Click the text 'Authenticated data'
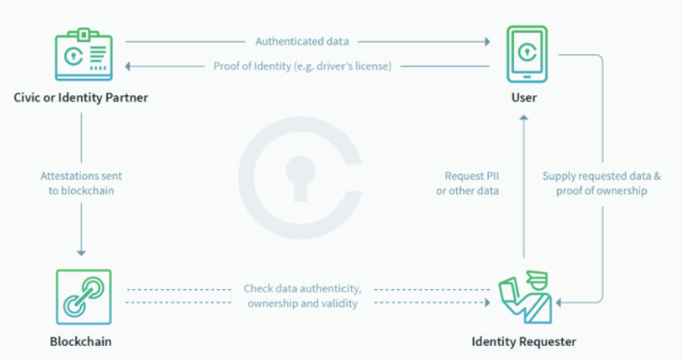tap(306, 41)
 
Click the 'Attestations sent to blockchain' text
tap(81, 182)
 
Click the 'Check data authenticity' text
tap(303, 287)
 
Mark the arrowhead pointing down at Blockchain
tap(81, 252)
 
